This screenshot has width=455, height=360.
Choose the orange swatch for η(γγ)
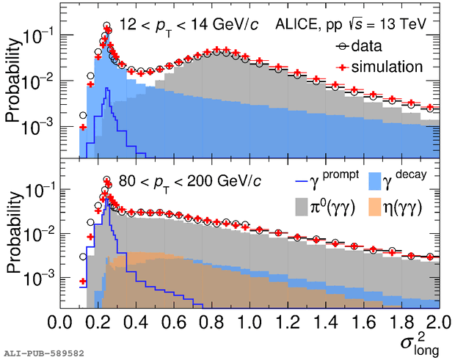(x=374, y=207)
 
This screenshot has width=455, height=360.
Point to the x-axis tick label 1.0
(x=249, y=323)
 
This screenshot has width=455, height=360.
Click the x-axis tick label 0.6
(x=172, y=323)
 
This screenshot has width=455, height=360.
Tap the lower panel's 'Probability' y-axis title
(x=15, y=236)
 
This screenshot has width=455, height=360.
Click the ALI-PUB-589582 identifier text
(x=43, y=353)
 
